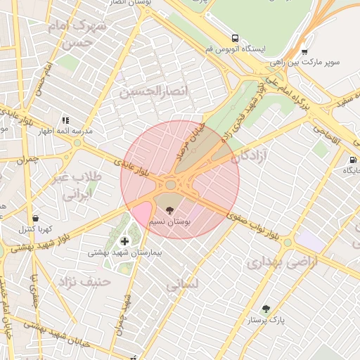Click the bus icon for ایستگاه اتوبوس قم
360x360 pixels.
[234, 39]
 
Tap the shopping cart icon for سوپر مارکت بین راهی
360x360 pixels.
[304, 51]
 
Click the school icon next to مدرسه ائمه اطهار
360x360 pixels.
[66, 120]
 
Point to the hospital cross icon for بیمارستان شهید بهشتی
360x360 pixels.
[125, 242]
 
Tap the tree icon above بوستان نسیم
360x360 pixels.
[169, 210]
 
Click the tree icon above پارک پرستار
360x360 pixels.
[266, 309]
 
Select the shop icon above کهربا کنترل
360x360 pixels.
[35, 218]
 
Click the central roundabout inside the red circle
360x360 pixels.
[171, 185]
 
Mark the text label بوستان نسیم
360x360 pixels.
[169, 221]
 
